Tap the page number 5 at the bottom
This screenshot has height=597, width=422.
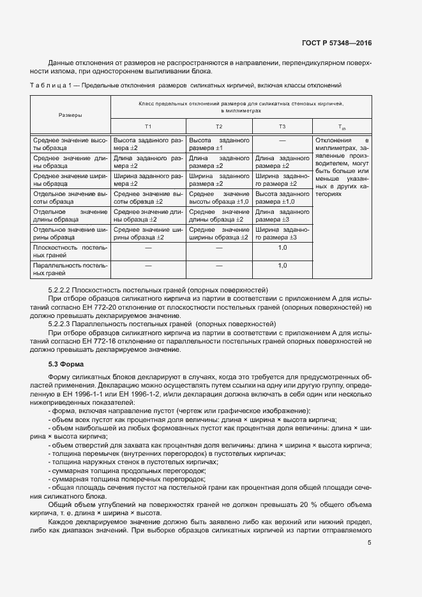click(x=370, y=543)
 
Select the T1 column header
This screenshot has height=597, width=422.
click(x=148, y=126)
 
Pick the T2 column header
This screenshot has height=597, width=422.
click(x=219, y=126)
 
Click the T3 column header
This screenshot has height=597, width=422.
click(x=282, y=126)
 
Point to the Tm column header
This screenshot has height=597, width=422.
click(x=341, y=127)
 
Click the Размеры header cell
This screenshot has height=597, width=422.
click(x=70, y=115)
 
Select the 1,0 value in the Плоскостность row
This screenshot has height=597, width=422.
click(x=282, y=247)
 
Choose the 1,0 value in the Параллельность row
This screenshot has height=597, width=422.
click(x=282, y=265)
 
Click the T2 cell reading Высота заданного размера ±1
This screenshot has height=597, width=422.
click(x=219, y=143)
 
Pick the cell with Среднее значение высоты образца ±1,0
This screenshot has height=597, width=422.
click(x=219, y=197)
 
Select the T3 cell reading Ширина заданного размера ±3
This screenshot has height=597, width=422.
click(x=282, y=233)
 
